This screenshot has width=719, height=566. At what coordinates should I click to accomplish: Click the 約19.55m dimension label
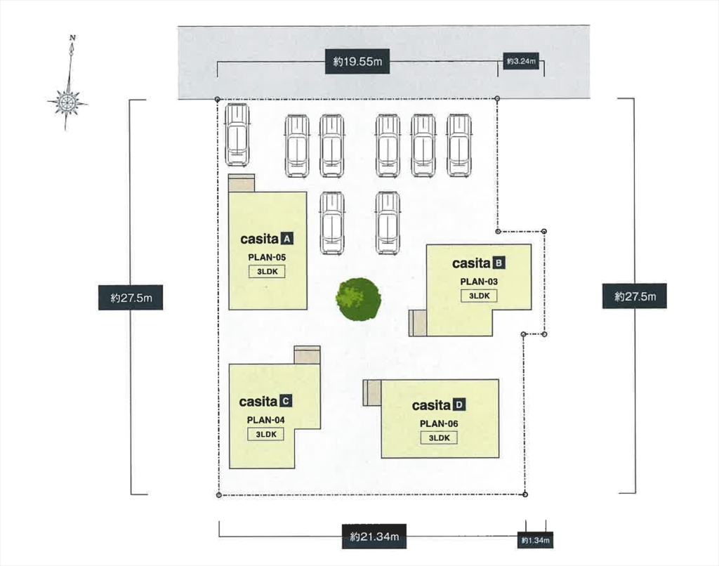(357, 61)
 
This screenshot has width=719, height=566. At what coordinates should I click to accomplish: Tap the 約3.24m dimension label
(521, 61)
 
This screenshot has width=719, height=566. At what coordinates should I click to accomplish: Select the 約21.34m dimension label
(374, 537)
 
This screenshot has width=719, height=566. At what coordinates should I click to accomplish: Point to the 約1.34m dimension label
(535, 540)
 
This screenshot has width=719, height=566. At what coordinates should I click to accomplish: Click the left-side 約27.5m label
(131, 298)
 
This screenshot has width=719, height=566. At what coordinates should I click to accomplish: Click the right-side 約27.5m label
(635, 296)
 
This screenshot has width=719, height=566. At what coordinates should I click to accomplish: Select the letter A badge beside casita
(286, 239)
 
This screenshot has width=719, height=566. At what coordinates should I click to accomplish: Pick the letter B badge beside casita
(499, 263)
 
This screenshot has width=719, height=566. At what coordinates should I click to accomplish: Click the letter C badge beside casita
(285, 402)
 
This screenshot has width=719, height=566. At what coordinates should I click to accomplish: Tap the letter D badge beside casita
(459, 405)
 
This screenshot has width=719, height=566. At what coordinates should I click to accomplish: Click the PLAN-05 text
(267, 257)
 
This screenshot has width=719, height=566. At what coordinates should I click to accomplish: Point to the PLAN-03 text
(479, 282)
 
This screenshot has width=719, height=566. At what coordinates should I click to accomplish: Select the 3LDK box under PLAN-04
(266, 434)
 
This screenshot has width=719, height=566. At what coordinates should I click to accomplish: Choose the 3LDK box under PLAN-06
(440, 437)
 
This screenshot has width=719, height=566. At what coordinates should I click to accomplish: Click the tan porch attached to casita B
(418, 323)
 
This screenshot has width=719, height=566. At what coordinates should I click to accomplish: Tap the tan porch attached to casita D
(372, 393)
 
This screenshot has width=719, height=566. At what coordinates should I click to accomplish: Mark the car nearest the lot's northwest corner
(237, 134)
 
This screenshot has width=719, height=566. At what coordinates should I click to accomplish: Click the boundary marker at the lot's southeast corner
(525, 494)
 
